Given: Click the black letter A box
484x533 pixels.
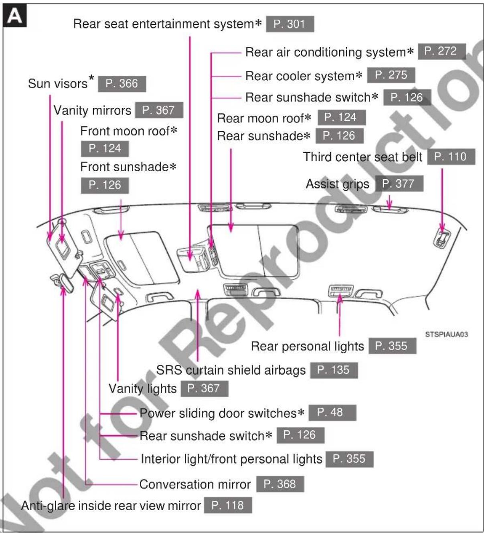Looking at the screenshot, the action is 14,15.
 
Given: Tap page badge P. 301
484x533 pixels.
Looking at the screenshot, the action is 290,24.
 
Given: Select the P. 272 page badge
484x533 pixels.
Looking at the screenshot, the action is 442,51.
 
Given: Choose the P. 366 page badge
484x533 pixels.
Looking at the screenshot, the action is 122,84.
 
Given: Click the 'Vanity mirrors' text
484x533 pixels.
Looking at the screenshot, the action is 92,111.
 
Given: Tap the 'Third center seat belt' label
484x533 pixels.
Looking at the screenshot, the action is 362,157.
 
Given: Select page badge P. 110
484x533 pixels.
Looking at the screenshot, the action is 451,157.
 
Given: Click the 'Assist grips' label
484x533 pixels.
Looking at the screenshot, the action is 338,184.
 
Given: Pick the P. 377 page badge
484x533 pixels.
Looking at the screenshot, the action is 399,184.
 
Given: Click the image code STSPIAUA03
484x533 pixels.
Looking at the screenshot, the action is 446,334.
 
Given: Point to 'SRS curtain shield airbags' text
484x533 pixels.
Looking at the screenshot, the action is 231,370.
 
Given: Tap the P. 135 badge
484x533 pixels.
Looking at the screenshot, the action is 334,370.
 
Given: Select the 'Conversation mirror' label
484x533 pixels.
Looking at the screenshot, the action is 195,484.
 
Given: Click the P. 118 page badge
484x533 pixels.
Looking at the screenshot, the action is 228,505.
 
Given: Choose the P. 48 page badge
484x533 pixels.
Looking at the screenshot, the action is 332,413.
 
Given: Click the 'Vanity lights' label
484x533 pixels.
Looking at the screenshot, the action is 143,389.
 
